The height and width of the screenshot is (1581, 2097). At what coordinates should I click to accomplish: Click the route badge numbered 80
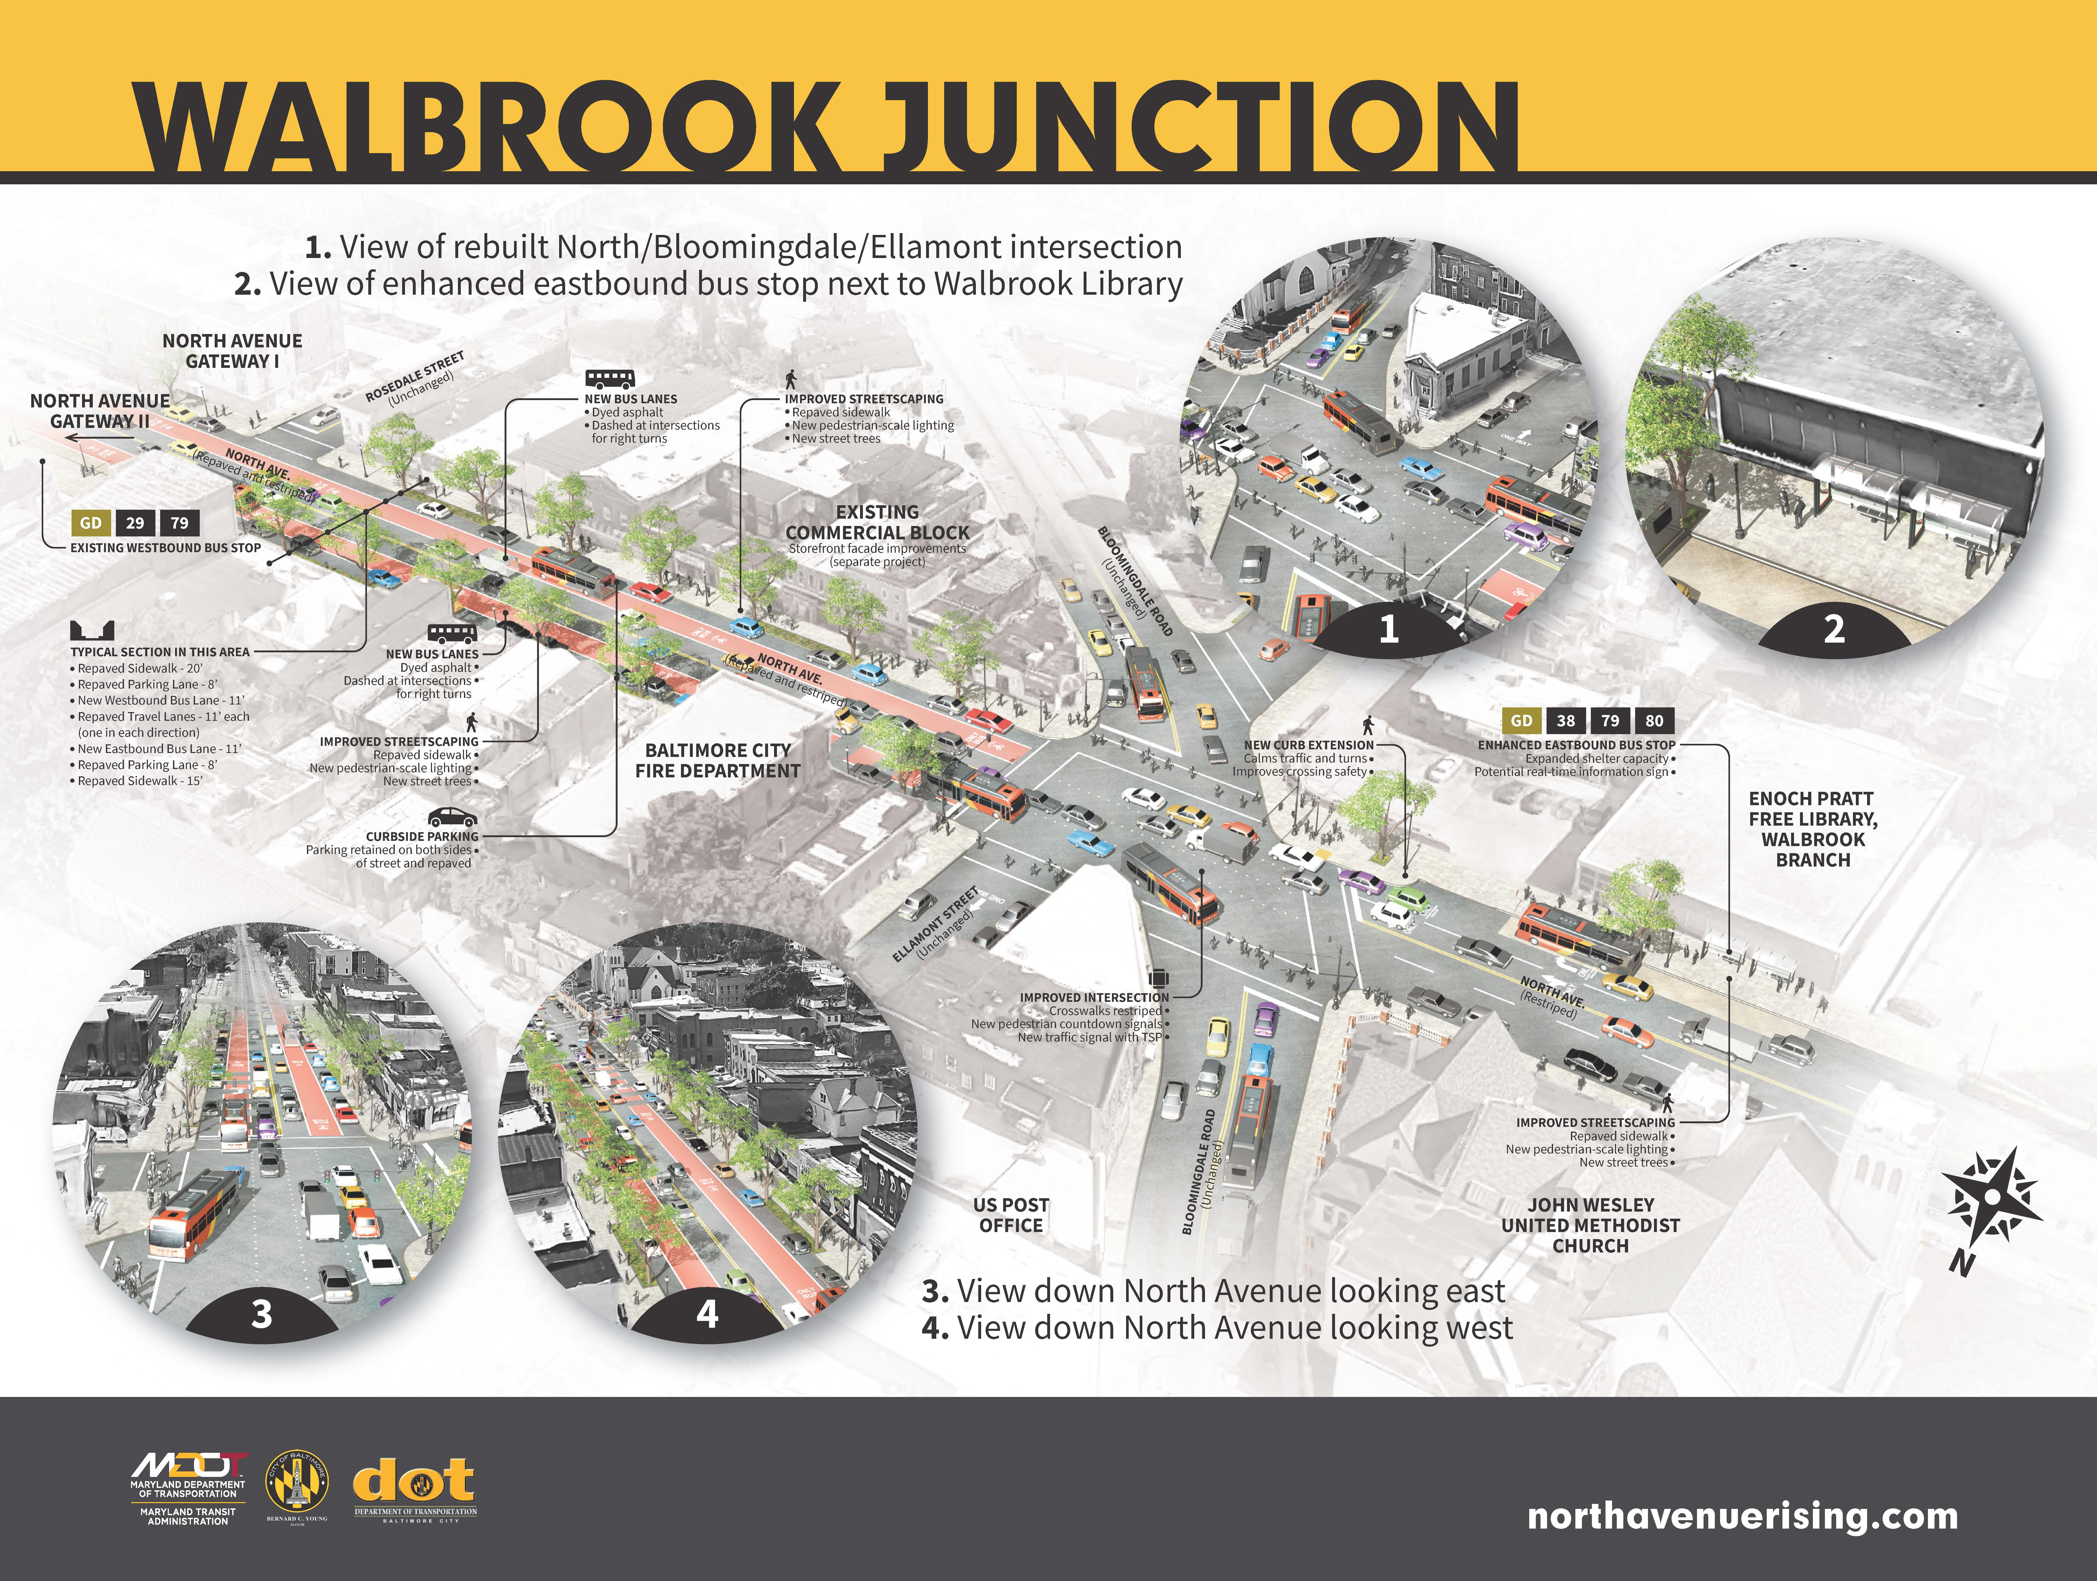pyautogui.click(x=1654, y=721)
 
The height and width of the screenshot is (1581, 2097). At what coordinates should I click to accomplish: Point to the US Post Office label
pyautogui.click(x=1010, y=1215)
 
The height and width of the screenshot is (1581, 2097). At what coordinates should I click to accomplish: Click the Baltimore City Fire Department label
pyautogui.click(x=718, y=761)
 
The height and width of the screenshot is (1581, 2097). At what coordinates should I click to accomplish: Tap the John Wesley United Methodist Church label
pyautogui.click(x=1590, y=1225)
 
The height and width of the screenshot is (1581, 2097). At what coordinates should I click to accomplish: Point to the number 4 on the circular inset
pyautogui.click(x=707, y=1314)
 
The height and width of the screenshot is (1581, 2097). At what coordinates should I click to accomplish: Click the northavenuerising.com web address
pyautogui.click(x=1742, y=1515)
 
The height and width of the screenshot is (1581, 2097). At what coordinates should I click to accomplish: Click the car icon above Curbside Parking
pyautogui.click(x=452, y=816)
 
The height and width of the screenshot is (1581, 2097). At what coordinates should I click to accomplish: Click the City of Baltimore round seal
pyautogui.click(x=297, y=1481)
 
